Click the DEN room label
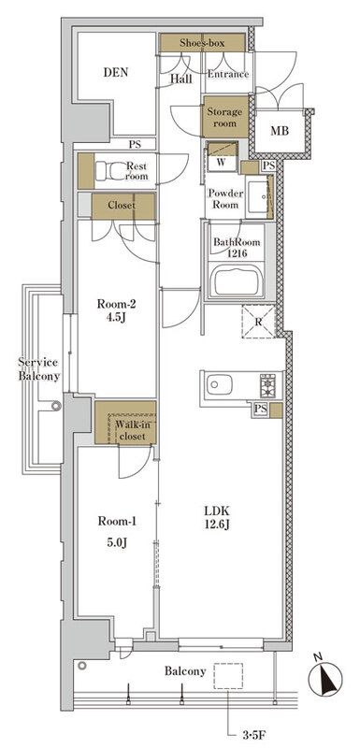[116, 73]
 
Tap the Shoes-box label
[202, 43]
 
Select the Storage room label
[224, 118]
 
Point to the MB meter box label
[280, 131]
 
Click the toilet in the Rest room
[108, 171]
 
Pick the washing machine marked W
[222, 156]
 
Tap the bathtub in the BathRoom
[237, 280]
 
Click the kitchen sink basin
[220, 384]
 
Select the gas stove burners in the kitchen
[267, 385]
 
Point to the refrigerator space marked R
[258, 322]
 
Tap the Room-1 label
[117, 522]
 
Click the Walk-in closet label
[131, 430]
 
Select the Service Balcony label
[39, 369]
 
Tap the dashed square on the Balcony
[228, 676]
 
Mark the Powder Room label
[224, 199]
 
